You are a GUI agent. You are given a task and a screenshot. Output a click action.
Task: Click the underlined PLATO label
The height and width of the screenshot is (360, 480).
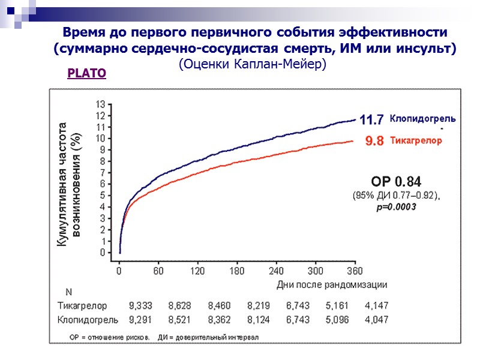[87, 74]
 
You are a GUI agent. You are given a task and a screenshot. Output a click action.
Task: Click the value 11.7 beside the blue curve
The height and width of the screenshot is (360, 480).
[371, 120]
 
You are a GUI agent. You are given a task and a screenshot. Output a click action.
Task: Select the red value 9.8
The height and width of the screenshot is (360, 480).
[374, 142]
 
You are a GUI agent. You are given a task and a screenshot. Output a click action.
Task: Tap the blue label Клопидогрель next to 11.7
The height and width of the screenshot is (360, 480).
[422, 119]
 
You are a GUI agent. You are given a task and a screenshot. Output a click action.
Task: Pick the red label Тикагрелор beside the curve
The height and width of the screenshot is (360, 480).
[416, 141]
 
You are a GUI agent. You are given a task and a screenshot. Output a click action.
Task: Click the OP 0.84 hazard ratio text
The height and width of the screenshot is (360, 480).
[396, 181]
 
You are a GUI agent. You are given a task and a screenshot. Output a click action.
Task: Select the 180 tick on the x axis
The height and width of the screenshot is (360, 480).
[238, 271]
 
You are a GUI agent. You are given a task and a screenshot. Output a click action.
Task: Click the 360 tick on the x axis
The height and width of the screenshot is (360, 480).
[355, 271]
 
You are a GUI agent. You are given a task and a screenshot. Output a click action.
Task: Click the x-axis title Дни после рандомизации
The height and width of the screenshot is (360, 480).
[331, 284]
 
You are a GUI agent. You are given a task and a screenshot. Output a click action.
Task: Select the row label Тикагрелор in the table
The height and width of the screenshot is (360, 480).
[83, 306]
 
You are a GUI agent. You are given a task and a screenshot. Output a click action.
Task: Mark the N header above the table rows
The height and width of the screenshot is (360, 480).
[68, 293]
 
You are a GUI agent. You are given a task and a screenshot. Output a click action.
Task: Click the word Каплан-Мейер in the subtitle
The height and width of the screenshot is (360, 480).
[286, 64]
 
